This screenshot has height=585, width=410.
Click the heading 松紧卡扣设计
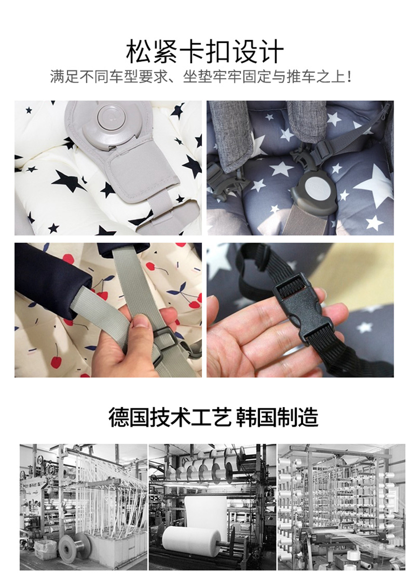tap(204, 51)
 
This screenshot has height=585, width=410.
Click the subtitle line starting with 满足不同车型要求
tap(201, 77)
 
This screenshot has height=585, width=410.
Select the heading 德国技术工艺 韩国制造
tap(214, 417)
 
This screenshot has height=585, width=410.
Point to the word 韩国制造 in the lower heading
tap(277, 417)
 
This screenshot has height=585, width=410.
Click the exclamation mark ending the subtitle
tap(349, 77)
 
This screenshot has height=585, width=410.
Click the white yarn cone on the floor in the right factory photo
tap(353, 557)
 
